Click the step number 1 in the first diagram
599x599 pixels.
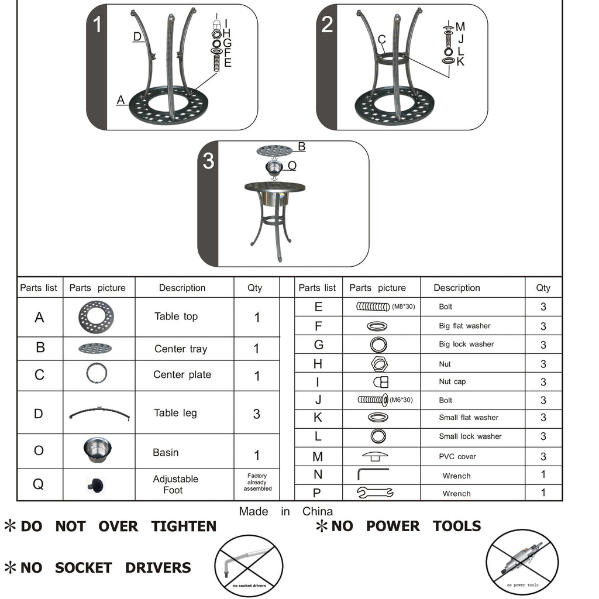point(97,26)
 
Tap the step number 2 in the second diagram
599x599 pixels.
point(327,25)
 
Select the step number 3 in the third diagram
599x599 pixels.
point(208,161)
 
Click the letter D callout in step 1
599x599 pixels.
point(137,37)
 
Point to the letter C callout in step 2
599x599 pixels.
point(381,40)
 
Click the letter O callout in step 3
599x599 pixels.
point(292,166)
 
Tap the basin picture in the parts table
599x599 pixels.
point(97,450)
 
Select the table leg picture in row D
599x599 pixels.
point(99,412)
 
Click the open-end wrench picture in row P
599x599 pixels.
point(375,493)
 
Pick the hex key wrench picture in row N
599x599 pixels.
point(372,474)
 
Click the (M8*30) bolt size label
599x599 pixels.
point(403,306)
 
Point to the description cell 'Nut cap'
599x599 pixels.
point(452,381)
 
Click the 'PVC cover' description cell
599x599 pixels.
point(457,456)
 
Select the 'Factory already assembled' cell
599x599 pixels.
point(257,483)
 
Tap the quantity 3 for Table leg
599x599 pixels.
point(256,414)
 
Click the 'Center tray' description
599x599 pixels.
point(180,349)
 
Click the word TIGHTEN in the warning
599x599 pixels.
point(184,526)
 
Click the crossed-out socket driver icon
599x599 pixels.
point(249,566)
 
